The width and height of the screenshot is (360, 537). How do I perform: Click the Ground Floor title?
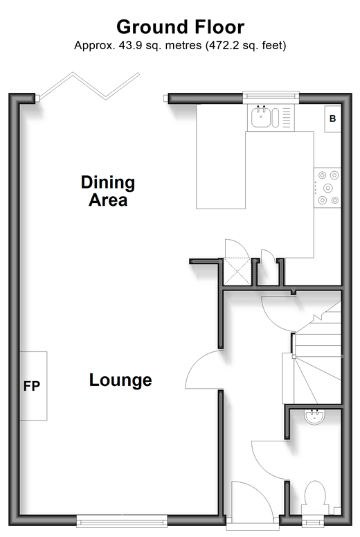coord(180,27)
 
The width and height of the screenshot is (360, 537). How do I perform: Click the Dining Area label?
coord(108,191)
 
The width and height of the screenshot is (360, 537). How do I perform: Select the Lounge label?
coord(120,380)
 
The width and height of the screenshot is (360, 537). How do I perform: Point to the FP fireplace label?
coord(32,387)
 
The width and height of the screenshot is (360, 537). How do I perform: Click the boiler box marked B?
coord(332,118)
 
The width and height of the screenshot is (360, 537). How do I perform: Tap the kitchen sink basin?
coord(261,117)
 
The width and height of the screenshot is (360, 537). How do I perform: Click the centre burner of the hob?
coord(328,188)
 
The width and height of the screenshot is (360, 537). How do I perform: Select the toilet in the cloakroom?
coord(315,498)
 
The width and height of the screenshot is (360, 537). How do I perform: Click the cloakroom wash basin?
coord(314,417)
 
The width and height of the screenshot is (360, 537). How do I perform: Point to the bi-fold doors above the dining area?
coord(89,87)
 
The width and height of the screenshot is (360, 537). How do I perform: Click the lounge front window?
coord(121,520)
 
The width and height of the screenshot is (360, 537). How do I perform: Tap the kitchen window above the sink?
coord(271,97)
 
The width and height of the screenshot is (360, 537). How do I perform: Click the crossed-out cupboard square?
coord(237,271)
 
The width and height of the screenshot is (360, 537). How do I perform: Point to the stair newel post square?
coord(294,357)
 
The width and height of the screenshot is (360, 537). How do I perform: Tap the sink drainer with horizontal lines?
coord(287,117)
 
